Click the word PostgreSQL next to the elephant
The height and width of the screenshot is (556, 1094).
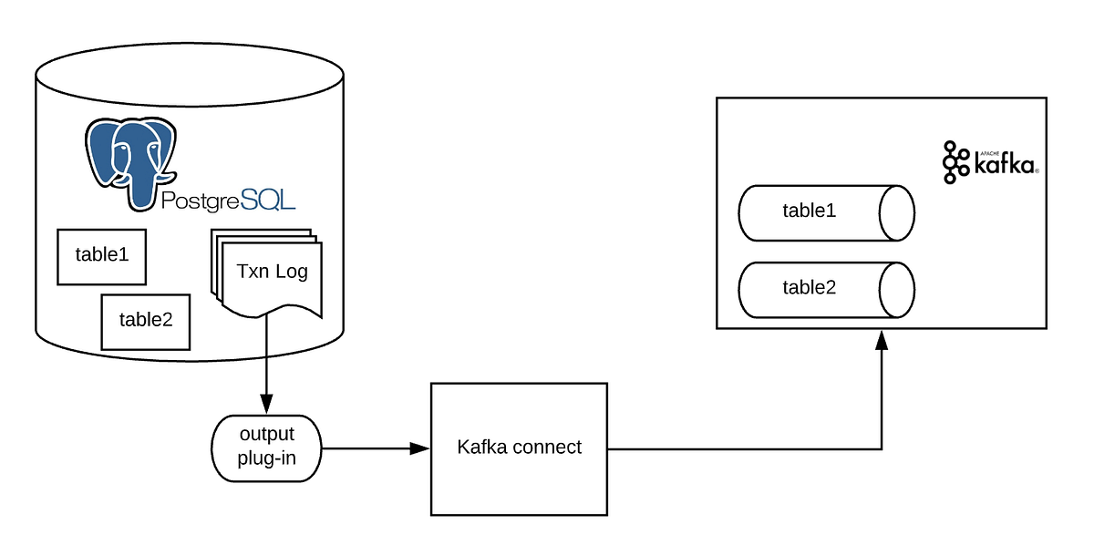228,201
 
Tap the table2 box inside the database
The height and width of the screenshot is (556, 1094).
145,321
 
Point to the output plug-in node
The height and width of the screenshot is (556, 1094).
266,448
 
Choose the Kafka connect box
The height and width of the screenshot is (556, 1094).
518,448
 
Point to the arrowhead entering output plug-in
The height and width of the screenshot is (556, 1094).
266,404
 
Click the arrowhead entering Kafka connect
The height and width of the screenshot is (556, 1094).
419,448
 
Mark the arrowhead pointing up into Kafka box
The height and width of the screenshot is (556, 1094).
881,340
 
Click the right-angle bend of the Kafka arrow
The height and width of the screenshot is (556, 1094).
881,448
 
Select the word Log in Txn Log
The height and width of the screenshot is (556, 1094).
292,272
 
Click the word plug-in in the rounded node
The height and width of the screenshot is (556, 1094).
266,458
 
